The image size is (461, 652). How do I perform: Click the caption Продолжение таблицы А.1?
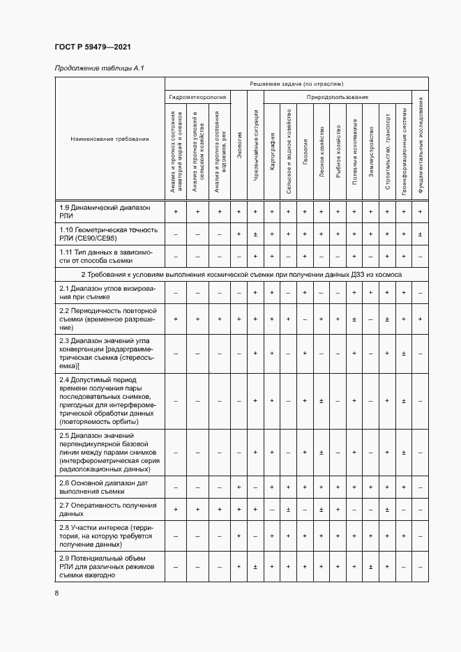tap(98, 68)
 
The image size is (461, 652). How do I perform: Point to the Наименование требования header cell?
tap(109, 139)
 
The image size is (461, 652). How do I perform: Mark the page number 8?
tap(57, 593)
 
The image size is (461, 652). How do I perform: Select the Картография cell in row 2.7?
tap(272, 510)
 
